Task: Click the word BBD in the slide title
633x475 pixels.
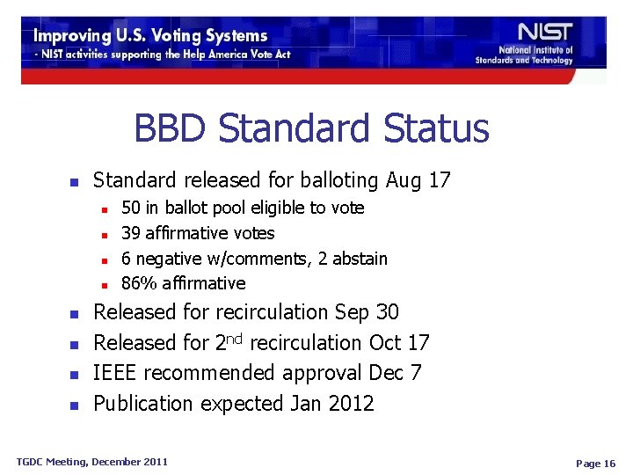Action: [x=171, y=129]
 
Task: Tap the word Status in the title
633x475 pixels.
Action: [x=435, y=129]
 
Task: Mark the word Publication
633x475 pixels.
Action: [x=143, y=404]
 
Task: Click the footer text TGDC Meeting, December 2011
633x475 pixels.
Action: [x=92, y=461]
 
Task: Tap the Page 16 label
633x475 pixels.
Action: [x=594, y=464]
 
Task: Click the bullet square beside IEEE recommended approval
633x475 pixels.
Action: [x=75, y=375]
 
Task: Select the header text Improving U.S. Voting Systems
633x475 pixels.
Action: [x=150, y=36]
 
